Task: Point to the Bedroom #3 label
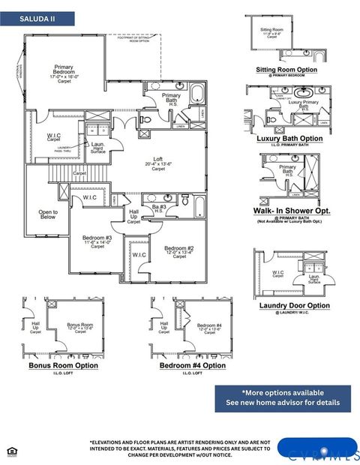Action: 98,241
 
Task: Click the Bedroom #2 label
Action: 181,251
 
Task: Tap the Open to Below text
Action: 48,215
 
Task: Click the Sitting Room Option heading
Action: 286,70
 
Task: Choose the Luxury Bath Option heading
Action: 289,139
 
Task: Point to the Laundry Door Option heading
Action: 294,305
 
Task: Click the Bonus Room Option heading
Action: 63,365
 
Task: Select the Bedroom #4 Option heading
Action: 193,365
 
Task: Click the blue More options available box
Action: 283,397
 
